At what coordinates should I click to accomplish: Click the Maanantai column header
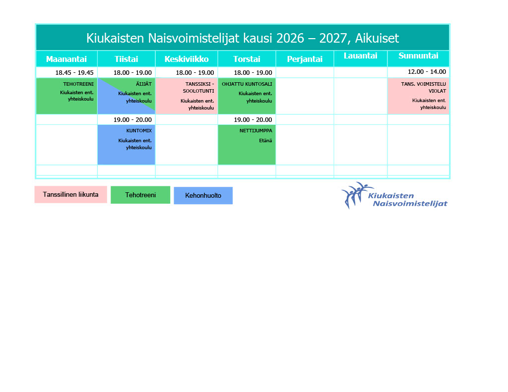point(66,59)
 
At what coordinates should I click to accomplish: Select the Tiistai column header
point(126,59)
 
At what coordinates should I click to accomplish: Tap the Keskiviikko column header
point(187,59)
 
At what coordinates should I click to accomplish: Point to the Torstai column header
point(247,59)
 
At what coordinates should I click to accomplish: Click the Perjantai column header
point(305,59)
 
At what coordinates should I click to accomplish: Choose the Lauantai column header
point(361,56)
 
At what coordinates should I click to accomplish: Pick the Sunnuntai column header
point(418,56)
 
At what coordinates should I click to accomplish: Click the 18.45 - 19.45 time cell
point(74,73)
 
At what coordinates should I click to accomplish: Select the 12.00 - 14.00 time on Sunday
point(427,72)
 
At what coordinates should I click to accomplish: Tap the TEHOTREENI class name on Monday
point(78,84)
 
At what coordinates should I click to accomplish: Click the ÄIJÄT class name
point(143,84)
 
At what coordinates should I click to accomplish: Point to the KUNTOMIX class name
point(139,131)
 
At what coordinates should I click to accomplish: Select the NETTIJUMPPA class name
point(255,131)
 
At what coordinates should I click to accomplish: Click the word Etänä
point(265,141)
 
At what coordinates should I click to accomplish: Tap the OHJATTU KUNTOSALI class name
point(247,84)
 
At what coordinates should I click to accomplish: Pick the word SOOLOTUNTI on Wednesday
point(198,91)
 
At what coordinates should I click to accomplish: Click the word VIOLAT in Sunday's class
point(437,91)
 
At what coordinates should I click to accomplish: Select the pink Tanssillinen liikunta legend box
point(70,195)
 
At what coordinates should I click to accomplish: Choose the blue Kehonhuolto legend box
point(203,196)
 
